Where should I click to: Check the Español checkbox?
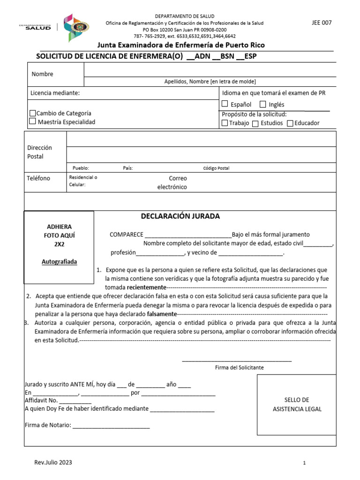click(x=225, y=104)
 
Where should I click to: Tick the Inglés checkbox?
click(x=263, y=104)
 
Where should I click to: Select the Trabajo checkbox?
click(x=225, y=123)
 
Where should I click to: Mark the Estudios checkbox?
click(x=255, y=124)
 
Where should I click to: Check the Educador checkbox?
click(x=290, y=124)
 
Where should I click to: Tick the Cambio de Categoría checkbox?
click(x=32, y=113)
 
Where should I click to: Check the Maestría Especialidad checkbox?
click(x=32, y=121)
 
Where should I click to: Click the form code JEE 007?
click(x=322, y=22)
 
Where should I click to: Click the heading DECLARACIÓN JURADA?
click(x=180, y=216)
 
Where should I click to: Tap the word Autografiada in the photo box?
click(x=59, y=262)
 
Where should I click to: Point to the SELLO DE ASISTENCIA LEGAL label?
click(x=297, y=404)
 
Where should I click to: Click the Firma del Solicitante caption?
click(x=239, y=367)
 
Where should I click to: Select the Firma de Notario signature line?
click(x=111, y=426)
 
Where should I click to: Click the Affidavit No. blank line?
click(x=75, y=401)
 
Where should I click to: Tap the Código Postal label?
click(x=216, y=168)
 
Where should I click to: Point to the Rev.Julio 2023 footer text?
click(x=53, y=462)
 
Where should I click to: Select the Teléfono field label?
click(x=38, y=178)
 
